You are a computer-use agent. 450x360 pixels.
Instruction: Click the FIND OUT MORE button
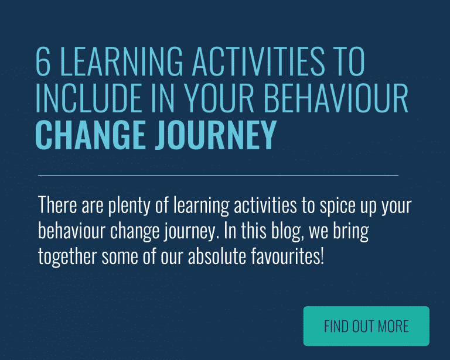pos(366,326)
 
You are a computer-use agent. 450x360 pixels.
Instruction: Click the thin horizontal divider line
pos(218,175)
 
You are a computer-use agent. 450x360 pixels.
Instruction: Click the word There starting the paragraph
pos(57,207)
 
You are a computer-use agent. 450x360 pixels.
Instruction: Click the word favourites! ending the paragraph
pos(288,256)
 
